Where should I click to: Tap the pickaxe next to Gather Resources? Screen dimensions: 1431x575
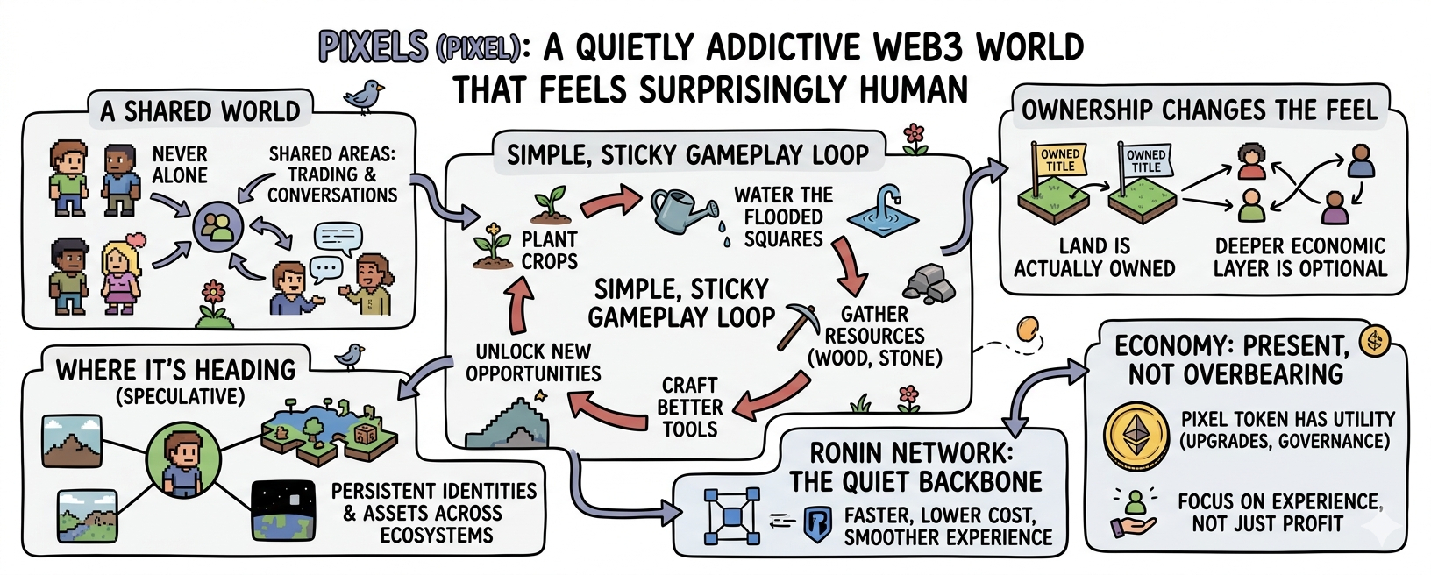pos(798,324)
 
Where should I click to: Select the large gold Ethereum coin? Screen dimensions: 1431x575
pos(1136,436)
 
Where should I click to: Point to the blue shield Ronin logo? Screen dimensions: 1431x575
pos(817,524)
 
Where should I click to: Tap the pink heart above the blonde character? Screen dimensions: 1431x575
pos(134,240)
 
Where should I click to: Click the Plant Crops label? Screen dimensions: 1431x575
pos(549,250)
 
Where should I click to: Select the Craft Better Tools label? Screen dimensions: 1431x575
pos(690,408)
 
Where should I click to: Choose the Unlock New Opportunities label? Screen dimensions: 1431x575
pos(533,362)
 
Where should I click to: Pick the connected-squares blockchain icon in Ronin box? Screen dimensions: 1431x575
pos(731,516)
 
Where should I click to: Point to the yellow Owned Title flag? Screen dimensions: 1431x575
pos(1059,160)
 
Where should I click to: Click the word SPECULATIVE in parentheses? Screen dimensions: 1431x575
pos(180,396)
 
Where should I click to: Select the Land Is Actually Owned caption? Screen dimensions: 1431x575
pos(1094,257)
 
